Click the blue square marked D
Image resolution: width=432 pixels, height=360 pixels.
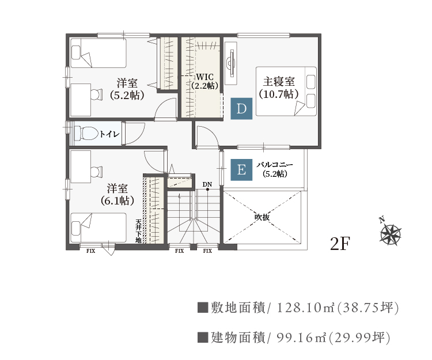tap(241, 108)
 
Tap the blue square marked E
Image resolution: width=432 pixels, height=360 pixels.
tap(241, 170)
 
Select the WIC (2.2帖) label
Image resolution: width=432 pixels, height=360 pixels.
tap(205, 81)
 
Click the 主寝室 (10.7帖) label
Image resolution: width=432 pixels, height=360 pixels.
tap(279, 88)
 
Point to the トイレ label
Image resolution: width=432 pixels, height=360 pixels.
tap(109, 134)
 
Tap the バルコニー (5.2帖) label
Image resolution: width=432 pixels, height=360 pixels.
tap(275, 169)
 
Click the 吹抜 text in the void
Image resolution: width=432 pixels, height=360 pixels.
tap(262, 217)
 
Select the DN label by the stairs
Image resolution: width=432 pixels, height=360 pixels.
tap(207, 184)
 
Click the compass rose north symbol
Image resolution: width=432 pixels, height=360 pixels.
tap(390, 233)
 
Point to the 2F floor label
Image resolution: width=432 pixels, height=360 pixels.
tap(340, 244)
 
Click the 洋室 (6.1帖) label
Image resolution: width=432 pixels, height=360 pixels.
tap(118, 195)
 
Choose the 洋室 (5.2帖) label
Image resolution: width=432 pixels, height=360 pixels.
tap(127, 89)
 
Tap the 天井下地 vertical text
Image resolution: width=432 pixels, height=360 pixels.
tap(139, 231)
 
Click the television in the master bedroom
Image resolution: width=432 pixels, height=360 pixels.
tap(230, 63)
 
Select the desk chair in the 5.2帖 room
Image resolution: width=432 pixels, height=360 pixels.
tap(96, 94)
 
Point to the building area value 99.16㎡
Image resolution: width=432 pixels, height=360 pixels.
tap(302, 338)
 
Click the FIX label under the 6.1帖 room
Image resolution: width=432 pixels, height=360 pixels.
tap(90, 251)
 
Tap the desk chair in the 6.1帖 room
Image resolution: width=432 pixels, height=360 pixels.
tap(96, 172)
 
